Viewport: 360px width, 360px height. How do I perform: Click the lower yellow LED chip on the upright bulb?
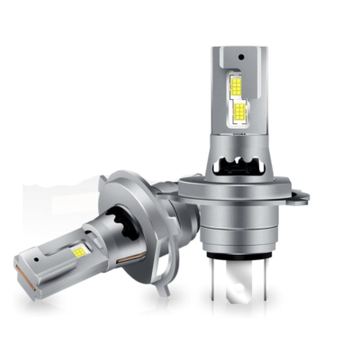pyautogui.click(x=239, y=112)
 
